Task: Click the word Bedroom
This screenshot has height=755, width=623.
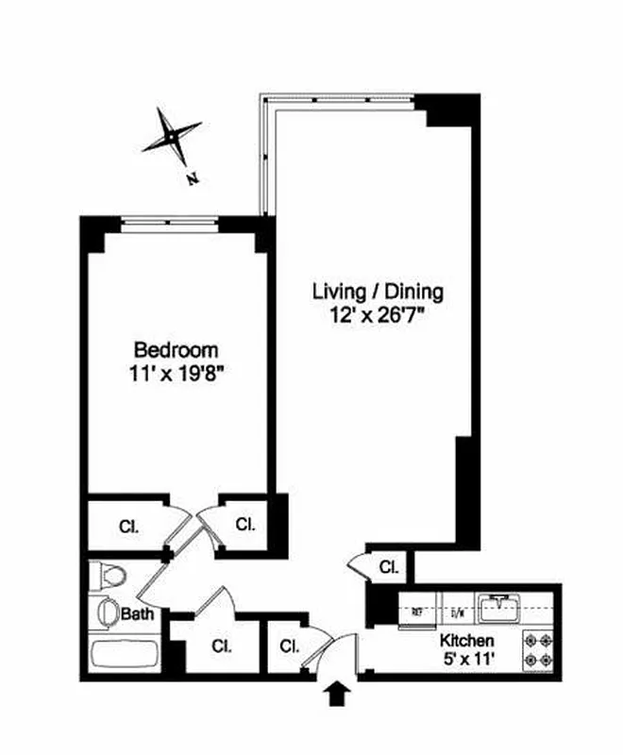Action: click(x=176, y=348)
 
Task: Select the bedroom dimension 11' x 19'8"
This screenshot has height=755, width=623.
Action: click(x=176, y=372)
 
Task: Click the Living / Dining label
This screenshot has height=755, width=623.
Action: click(x=378, y=292)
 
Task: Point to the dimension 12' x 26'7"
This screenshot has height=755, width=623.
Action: click(x=378, y=315)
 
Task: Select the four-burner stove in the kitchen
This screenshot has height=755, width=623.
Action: click(x=540, y=651)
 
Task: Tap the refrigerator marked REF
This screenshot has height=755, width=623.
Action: click(x=415, y=611)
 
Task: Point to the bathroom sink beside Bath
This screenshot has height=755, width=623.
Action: click(x=108, y=611)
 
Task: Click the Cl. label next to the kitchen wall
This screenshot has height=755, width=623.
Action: click(x=388, y=567)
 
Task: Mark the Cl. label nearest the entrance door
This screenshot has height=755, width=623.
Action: click(x=289, y=646)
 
